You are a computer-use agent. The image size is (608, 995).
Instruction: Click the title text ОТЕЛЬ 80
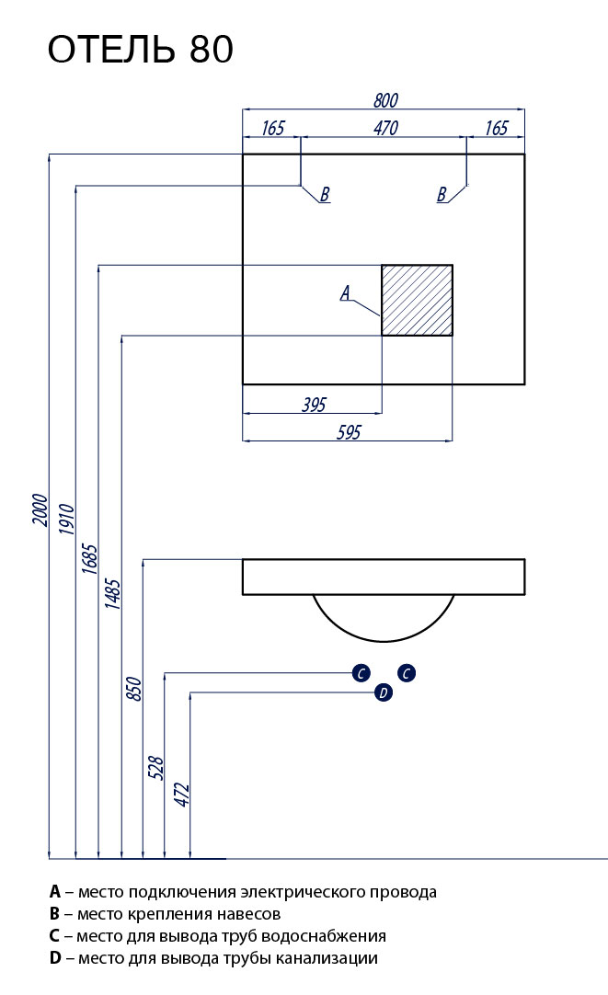140,51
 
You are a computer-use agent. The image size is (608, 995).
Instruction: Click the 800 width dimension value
385,101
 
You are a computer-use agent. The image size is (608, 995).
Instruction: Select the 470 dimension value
385,129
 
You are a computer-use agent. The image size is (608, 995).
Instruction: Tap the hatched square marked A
417,300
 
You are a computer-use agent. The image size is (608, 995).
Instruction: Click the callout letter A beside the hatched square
345,293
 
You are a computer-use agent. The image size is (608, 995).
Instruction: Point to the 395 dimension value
315,404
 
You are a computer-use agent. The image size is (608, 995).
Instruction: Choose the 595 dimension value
349,432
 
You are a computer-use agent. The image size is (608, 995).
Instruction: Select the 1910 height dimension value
66,521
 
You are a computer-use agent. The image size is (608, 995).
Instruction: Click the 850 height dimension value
134,689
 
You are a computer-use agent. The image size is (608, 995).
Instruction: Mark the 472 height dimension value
181,795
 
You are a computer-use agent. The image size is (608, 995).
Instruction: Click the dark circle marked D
384,693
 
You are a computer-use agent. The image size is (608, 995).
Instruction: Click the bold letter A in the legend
55,892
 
